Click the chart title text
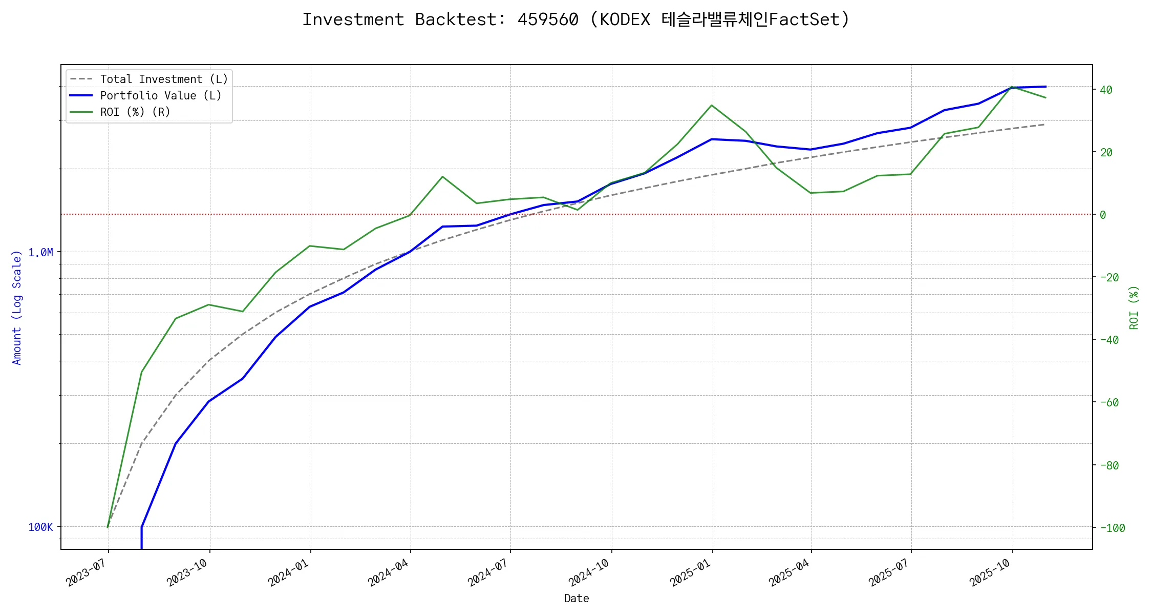coord(575,19)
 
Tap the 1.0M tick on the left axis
coord(40,253)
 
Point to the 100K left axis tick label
coord(40,527)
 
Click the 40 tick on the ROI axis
coord(1106,90)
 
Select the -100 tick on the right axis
coord(1112,528)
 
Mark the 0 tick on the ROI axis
coord(1103,215)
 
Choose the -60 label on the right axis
coord(1109,403)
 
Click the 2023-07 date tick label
coord(86,572)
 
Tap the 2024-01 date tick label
coord(288,572)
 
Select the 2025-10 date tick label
coord(990,572)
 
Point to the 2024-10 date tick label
coord(589,572)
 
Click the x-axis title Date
coord(577,599)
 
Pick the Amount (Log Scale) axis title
coord(17,307)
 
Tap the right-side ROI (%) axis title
coord(1134,307)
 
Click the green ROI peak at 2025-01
coord(712,106)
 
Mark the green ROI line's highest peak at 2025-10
coord(1012,87)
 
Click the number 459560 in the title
coord(548,19)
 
